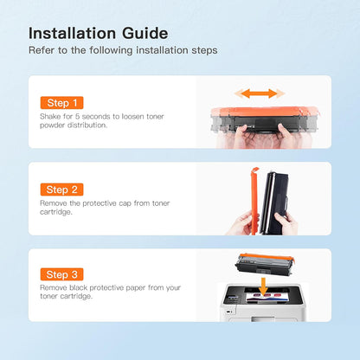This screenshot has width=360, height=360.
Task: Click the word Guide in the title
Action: coord(145,33)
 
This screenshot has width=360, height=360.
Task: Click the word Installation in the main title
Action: coord(73,33)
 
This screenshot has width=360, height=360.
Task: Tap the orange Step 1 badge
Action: coord(61,103)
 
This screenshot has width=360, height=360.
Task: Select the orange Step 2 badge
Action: coord(61,190)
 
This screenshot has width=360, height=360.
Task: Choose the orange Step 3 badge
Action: coord(61,274)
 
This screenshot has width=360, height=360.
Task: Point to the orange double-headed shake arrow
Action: coord(260,93)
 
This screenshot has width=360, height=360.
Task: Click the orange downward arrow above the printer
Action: coord(263,287)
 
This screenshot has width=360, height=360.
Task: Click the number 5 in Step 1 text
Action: coord(77,117)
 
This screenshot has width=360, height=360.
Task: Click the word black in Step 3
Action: coord(78,287)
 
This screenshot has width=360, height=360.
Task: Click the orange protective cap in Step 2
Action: coord(254,201)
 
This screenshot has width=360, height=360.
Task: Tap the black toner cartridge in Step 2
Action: coord(273,202)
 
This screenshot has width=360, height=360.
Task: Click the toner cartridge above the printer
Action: coord(265,263)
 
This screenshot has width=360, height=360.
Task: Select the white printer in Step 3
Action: coord(262,302)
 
